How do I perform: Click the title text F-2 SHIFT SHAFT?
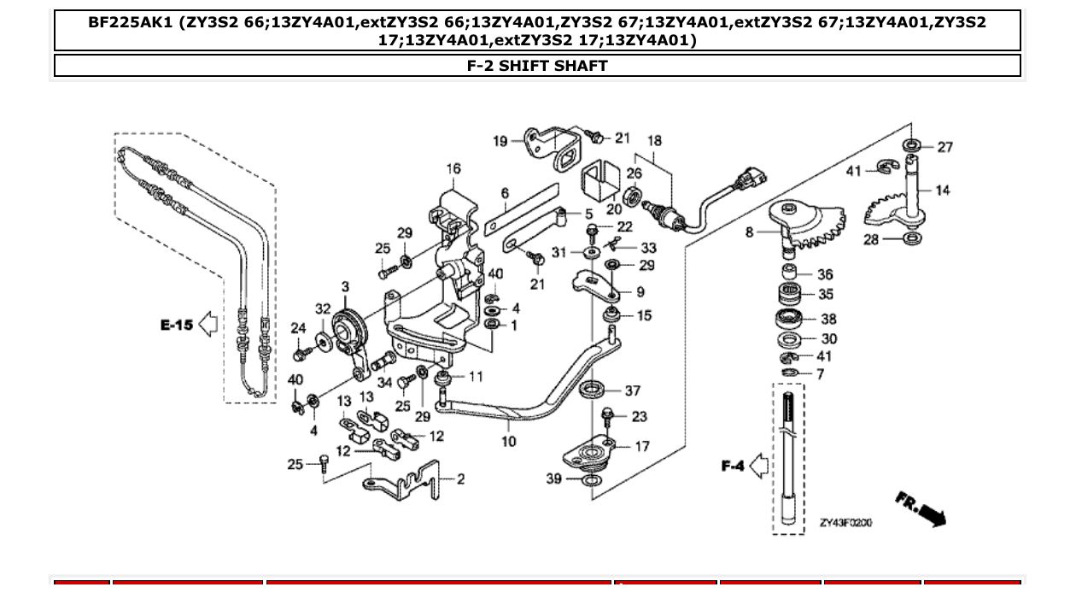(x=537, y=66)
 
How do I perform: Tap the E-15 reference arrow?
(x=208, y=324)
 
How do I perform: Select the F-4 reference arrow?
(x=758, y=466)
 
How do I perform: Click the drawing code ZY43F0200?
(x=845, y=522)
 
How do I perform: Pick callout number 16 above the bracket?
(x=453, y=169)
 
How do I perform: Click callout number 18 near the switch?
(x=654, y=141)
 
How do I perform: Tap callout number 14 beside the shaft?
(x=942, y=191)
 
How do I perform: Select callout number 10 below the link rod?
(x=508, y=442)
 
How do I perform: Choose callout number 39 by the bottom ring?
(x=553, y=479)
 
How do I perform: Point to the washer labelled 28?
(x=911, y=238)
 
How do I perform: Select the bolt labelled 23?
(x=607, y=417)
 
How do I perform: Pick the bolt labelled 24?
(x=301, y=350)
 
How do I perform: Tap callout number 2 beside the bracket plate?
(x=460, y=479)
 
